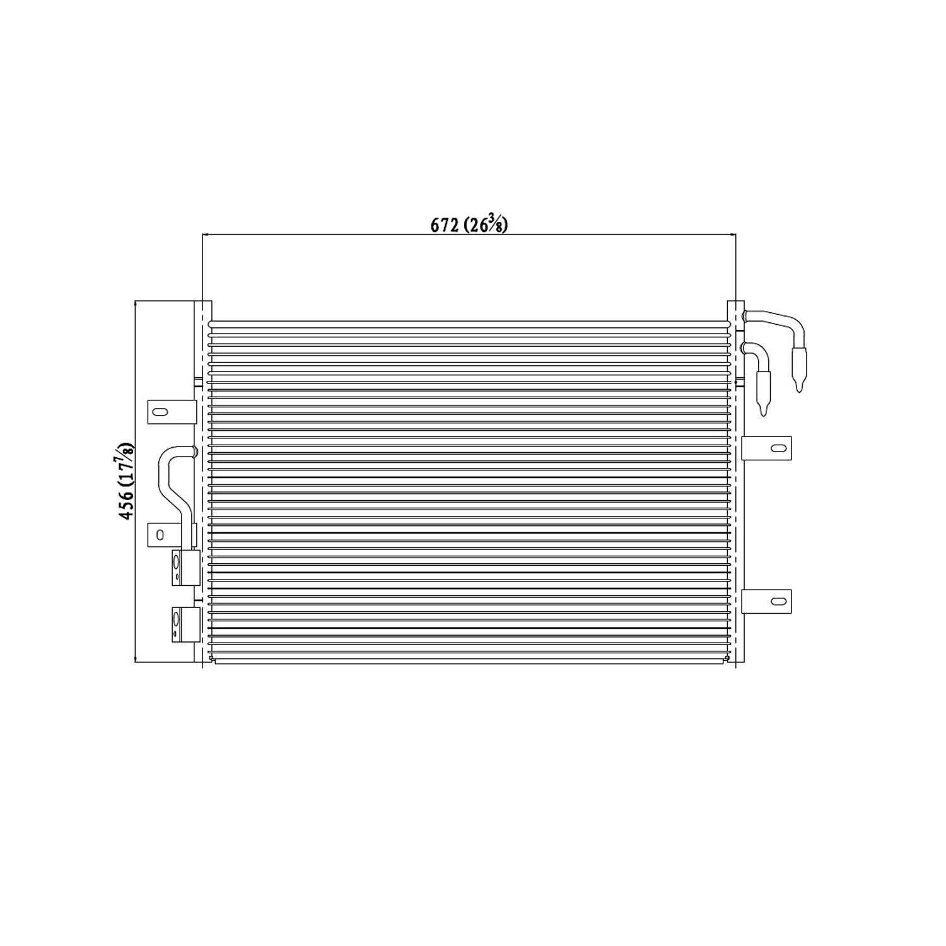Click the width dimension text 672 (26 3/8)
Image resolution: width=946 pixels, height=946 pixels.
click(x=469, y=225)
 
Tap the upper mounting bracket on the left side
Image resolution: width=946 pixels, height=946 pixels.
click(x=170, y=412)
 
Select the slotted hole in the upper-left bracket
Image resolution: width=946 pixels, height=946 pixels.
click(x=160, y=412)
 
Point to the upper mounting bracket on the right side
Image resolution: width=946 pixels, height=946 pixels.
click(x=766, y=448)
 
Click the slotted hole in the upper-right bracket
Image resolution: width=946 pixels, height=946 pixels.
click(x=780, y=448)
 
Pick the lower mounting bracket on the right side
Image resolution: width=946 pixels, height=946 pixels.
click(x=766, y=600)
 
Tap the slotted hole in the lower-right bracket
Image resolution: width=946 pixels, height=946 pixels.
click(x=780, y=600)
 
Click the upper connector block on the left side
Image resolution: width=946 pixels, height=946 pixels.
click(x=185, y=568)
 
